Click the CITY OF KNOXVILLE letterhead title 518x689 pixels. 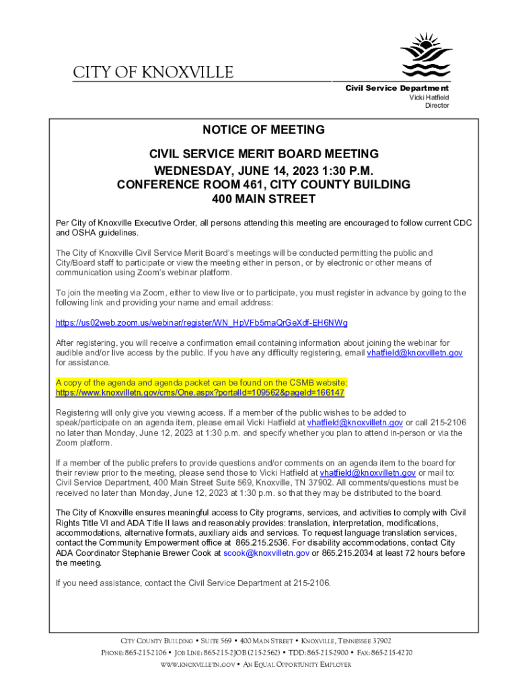(153, 73)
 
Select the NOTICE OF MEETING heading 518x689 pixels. (264, 130)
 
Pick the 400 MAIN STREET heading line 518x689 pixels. (264, 199)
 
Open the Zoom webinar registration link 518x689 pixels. (202, 323)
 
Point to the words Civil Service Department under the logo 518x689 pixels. (397, 89)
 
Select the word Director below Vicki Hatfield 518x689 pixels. (437, 106)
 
